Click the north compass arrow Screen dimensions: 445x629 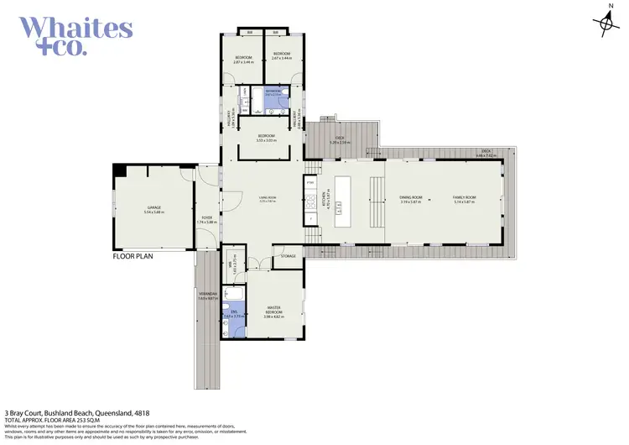pyautogui.click(x=606, y=23)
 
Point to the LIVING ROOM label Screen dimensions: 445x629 pyautogui.click(x=268, y=198)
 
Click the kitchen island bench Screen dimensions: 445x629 pyautogui.click(x=344, y=202)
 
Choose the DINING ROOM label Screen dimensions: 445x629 pyautogui.click(x=408, y=198)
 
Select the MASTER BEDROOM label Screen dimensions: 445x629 pyautogui.click(x=273, y=311)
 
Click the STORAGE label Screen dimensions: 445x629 pyautogui.click(x=289, y=256)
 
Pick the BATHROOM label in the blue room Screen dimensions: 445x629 pyautogui.click(x=273, y=92)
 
